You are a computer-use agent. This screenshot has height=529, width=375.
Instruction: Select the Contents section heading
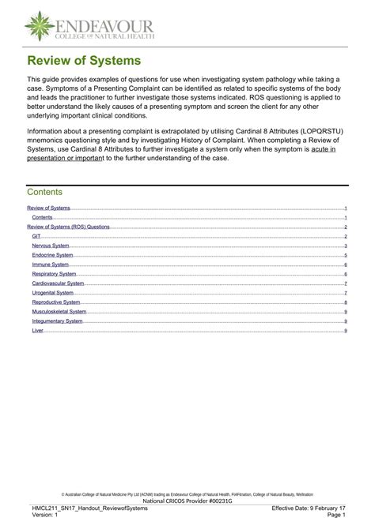[45, 192]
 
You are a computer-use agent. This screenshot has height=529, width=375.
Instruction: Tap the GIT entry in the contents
[36, 236]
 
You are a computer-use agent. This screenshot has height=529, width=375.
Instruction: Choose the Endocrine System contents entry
[52, 255]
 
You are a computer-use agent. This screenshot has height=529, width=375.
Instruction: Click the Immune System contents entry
[50, 264]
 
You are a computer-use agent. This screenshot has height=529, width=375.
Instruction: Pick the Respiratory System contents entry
[54, 274]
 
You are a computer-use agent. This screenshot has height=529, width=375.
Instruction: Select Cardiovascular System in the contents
[58, 283]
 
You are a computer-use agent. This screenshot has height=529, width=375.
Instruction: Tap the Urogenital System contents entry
[53, 293]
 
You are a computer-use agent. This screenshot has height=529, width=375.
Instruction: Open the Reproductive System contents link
[55, 302]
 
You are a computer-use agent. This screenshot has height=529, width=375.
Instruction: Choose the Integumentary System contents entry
[57, 321]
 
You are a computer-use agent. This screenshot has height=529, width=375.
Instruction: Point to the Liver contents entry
[37, 330]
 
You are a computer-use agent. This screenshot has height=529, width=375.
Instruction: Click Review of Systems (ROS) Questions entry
[68, 227]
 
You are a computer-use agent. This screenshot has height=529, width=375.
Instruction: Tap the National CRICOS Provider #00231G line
[187, 500]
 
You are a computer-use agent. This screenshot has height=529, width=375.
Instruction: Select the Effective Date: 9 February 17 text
[309, 508]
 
